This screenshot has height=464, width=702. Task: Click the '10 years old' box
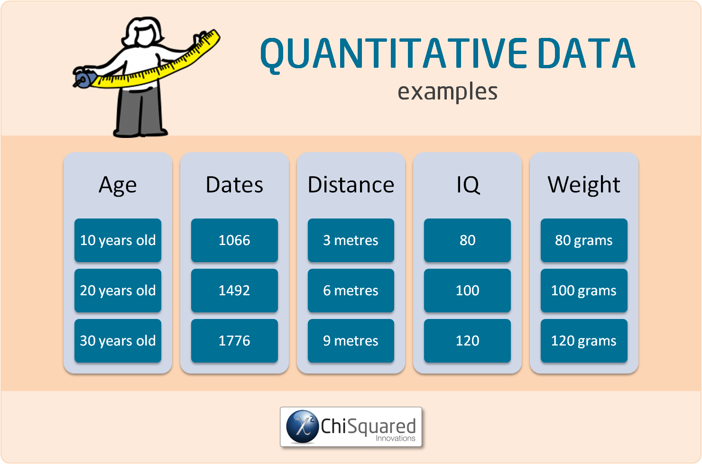[118, 240]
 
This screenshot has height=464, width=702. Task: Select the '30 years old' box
[118, 341]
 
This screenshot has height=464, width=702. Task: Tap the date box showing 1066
[234, 240]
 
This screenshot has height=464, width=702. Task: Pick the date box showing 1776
[234, 341]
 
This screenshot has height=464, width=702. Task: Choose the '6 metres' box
[351, 291]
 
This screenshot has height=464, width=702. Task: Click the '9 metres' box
[351, 341]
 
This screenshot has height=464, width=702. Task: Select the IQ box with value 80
[467, 240]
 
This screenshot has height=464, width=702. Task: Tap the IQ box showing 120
[467, 341]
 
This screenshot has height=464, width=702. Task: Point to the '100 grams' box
[583, 291]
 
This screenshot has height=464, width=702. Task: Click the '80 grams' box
[583, 240]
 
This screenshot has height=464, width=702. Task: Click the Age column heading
[118, 185]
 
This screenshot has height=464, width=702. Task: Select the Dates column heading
[234, 185]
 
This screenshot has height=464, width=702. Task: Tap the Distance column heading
[351, 185]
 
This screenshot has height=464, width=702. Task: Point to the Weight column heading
[583, 185]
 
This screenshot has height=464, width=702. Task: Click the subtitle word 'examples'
[447, 91]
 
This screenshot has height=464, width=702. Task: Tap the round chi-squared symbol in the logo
[302, 427]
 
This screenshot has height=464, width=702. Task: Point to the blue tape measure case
[83, 78]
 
